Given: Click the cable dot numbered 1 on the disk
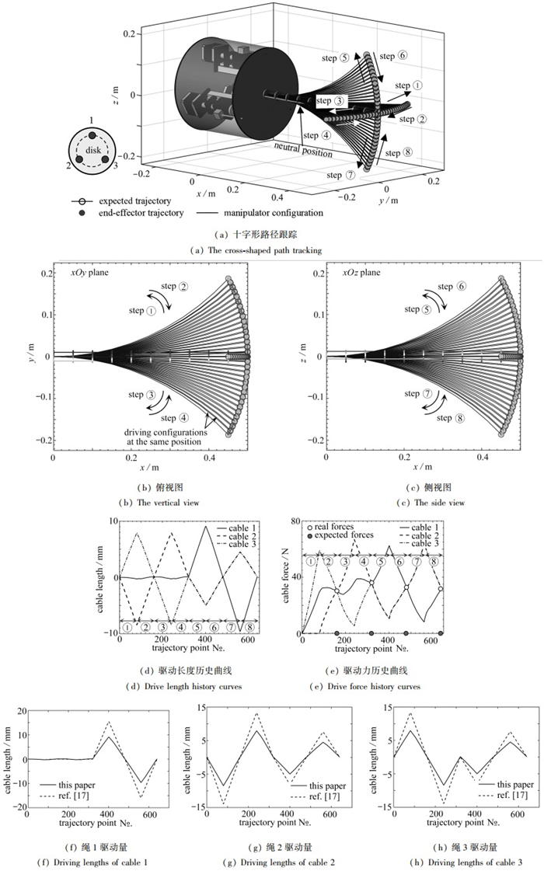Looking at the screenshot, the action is coord(92,135).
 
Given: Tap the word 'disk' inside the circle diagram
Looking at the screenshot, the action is coord(93,150).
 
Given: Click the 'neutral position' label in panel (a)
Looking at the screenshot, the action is coord(303,150).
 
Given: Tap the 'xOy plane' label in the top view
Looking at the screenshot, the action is coord(89,272).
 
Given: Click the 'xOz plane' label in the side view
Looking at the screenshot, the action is coord(361,272).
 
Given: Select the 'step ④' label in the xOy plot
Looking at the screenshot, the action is coord(175,418).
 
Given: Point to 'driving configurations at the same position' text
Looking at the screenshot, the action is coord(166,437).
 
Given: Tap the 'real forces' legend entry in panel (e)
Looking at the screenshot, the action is coord(330,527).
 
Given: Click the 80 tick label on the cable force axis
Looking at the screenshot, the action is coord(296,521).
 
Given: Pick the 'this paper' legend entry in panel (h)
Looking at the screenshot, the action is coord(506,784).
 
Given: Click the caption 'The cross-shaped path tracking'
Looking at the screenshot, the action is coord(264,250).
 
